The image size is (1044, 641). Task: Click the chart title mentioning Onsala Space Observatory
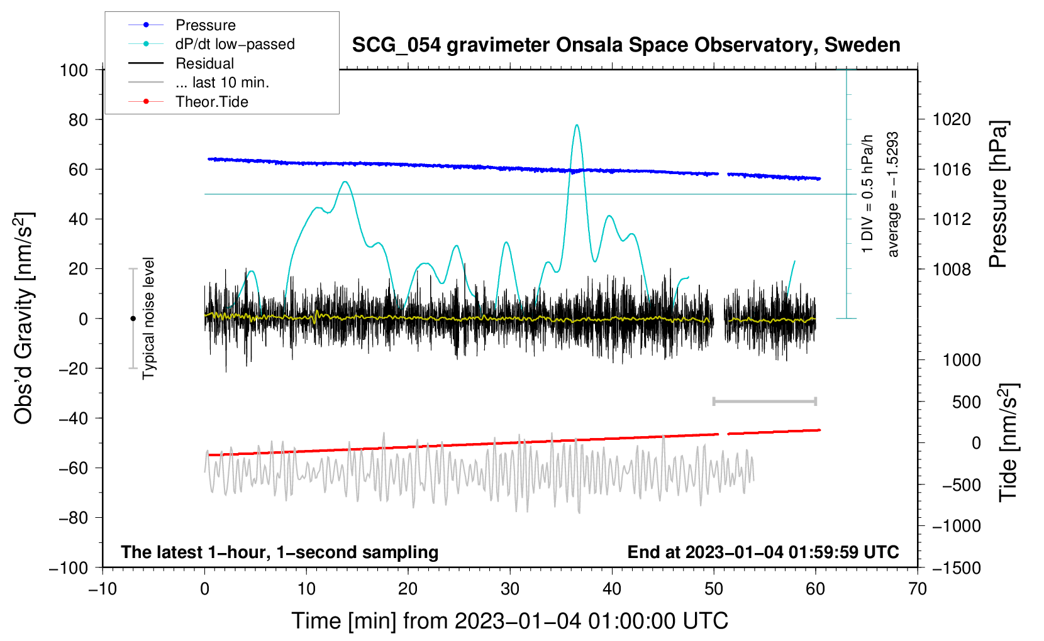[x=626, y=45]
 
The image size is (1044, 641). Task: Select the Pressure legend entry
[x=205, y=25]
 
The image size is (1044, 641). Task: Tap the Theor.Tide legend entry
[x=211, y=102]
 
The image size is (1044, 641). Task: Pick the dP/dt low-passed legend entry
[x=235, y=44]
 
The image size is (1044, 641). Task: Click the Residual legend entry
[x=204, y=63]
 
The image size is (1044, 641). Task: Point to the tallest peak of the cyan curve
[x=577, y=125]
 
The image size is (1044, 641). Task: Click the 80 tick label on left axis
[x=78, y=119]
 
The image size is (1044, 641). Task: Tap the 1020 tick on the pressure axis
[x=952, y=119]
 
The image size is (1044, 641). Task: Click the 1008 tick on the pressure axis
[x=952, y=269]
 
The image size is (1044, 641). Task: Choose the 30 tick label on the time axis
[x=510, y=589]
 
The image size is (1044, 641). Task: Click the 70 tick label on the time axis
[x=918, y=589]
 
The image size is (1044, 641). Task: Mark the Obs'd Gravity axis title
[x=23, y=319]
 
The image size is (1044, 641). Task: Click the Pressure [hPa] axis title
[x=998, y=195]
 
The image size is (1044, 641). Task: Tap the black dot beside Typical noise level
[x=133, y=319]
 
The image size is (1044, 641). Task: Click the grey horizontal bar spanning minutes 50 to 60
[x=764, y=401]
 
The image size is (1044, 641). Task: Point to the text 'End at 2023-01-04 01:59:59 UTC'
[x=763, y=552]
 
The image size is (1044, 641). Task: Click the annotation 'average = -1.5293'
[x=893, y=195]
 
